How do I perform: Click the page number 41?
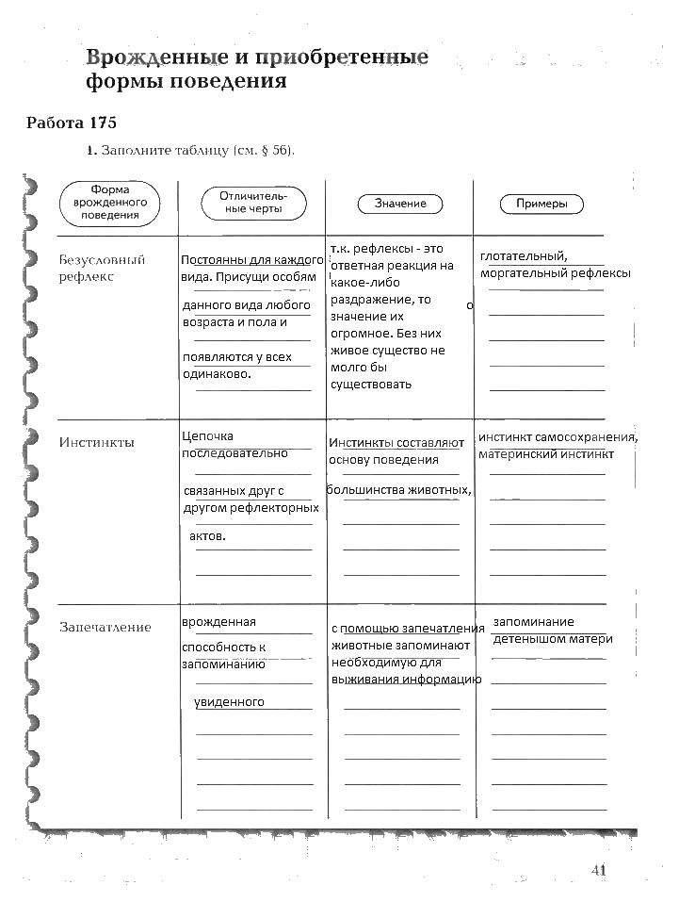tap(597, 870)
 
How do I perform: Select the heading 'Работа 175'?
tap(71, 123)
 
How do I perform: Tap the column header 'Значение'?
tap(400, 204)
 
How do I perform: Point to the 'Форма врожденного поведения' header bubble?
tap(110, 202)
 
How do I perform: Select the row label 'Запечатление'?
tap(105, 627)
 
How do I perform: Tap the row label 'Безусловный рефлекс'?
tap(102, 269)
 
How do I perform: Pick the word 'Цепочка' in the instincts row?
tap(207, 436)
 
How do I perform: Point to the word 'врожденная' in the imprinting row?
tap(219, 622)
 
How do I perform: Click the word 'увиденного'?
tap(229, 702)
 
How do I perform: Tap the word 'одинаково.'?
tap(217, 374)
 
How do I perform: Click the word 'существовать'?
tap(371, 385)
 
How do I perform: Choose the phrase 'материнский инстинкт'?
tap(546, 453)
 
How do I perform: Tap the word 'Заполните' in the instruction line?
tap(134, 151)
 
